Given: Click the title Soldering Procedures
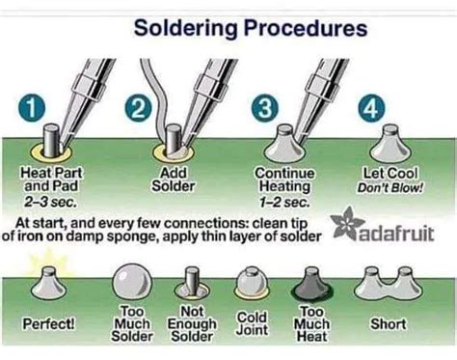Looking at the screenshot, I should click(x=250, y=27).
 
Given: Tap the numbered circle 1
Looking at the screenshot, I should click(x=34, y=108).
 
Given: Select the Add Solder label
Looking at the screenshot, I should click(x=175, y=178).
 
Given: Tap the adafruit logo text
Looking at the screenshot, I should click(x=402, y=233).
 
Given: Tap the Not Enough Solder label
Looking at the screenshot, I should click(x=195, y=324).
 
